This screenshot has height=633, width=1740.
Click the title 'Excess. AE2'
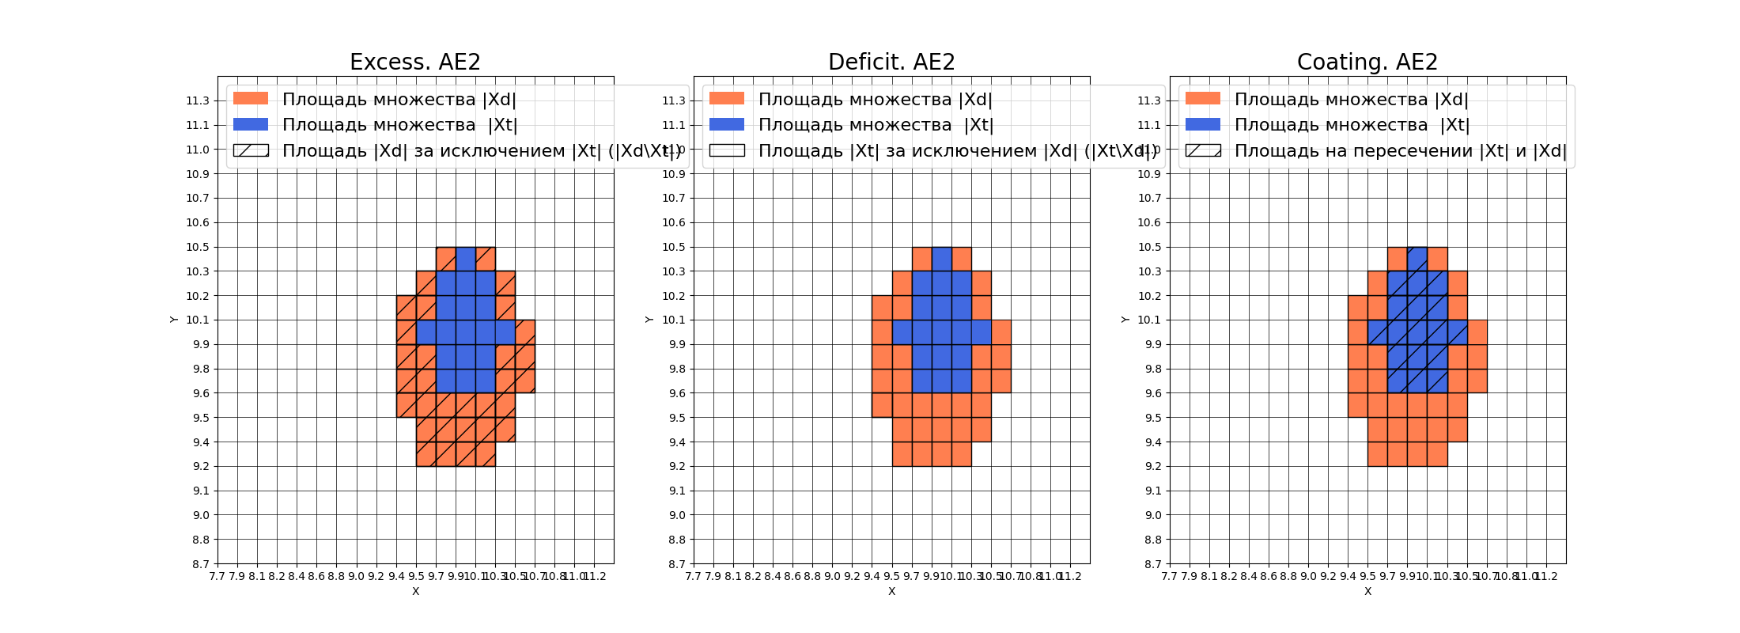click(x=415, y=62)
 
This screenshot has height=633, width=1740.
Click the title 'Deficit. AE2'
click(x=891, y=62)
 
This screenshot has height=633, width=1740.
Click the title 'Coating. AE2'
click(x=1367, y=62)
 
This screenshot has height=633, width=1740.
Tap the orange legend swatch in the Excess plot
click(x=251, y=99)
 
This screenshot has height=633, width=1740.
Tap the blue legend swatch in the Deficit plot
click(x=727, y=124)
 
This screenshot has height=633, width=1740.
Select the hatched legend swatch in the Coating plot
click(x=1203, y=150)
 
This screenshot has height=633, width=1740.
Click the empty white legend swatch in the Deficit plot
click(x=727, y=150)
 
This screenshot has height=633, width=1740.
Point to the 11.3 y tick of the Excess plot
click(x=198, y=100)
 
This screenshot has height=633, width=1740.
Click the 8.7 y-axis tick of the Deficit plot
click(x=674, y=564)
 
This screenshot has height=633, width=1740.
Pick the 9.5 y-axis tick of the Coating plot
click(x=1150, y=418)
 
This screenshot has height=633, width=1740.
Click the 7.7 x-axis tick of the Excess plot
click(x=217, y=576)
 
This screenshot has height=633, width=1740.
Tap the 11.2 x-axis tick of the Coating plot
click(x=1546, y=576)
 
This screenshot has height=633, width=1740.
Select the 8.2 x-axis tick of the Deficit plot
click(x=753, y=576)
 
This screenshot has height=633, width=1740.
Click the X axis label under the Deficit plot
click(x=891, y=591)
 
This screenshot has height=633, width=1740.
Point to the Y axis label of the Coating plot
click(x=1125, y=320)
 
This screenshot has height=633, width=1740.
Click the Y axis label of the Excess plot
click(x=173, y=320)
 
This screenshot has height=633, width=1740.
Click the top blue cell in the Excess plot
click(x=466, y=259)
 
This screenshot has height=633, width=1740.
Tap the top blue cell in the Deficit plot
click(x=942, y=259)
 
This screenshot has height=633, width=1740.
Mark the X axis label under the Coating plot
click(x=1367, y=591)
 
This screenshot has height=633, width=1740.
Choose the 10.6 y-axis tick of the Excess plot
click(x=198, y=222)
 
